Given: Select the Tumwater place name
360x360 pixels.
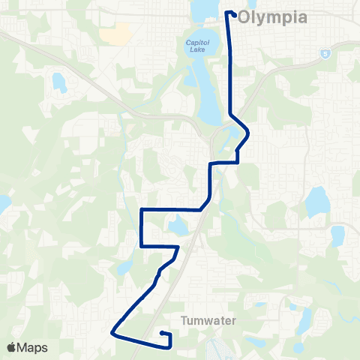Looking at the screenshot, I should tap(209, 320).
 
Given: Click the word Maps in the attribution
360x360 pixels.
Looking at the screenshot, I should tap(34, 347).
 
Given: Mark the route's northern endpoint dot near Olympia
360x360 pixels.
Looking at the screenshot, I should tap(235, 14).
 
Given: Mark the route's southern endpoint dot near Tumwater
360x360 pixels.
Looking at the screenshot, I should tap(163, 333).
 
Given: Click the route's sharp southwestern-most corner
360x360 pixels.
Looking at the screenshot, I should tap(112, 331).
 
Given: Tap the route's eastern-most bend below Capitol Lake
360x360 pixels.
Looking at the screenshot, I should tap(247, 135).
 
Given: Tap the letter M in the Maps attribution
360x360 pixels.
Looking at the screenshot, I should tap(24, 347).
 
